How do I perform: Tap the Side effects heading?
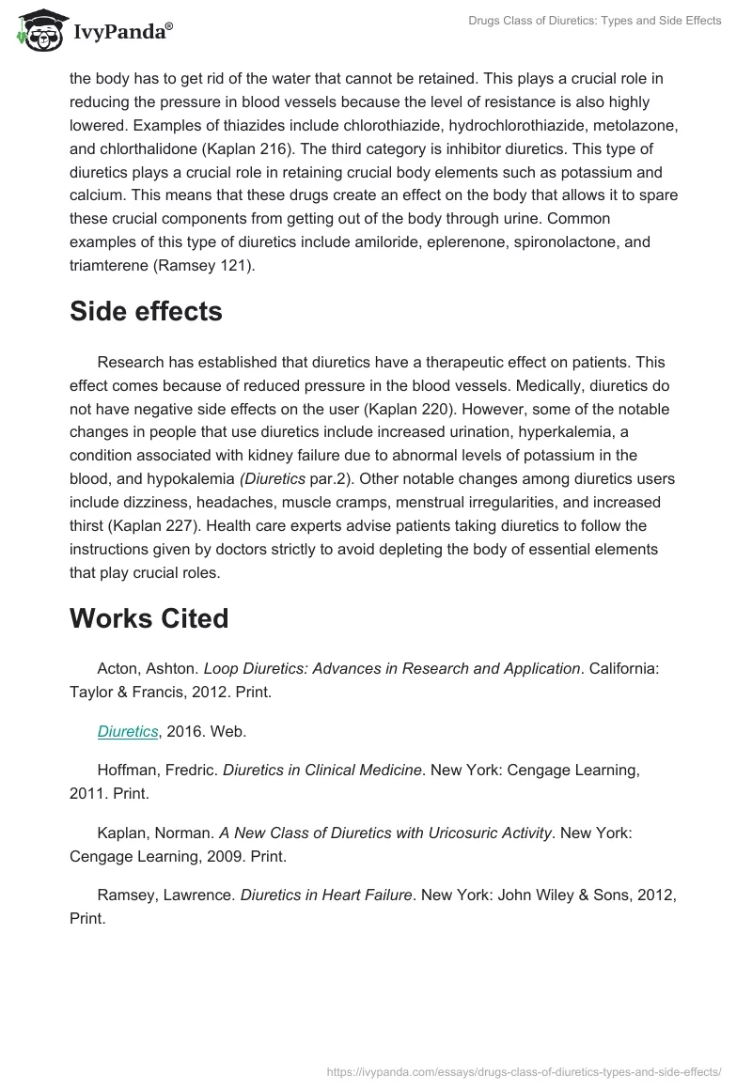[146, 312]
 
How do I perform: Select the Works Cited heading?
[149, 618]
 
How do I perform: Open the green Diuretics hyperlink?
[128, 731]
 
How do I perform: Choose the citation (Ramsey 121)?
[215, 266]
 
